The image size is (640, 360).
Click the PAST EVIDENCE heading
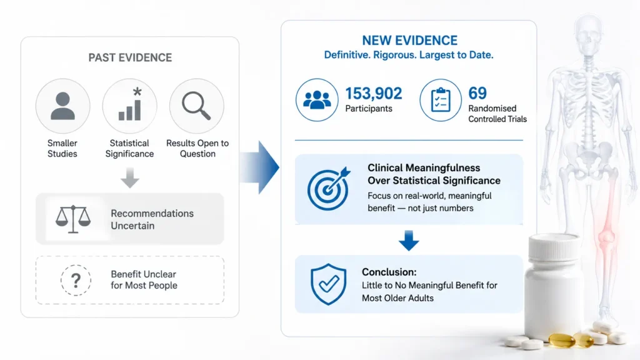(130, 57)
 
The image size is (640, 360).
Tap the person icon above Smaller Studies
(63, 106)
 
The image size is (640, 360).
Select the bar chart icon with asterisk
(130, 104)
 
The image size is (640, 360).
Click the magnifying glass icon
(196, 106)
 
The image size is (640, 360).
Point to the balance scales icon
(73, 219)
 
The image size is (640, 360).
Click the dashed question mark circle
(76, 280)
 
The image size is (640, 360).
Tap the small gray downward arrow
(130, 177)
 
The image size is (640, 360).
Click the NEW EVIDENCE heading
(409, 41)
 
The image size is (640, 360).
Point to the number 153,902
(374, 94)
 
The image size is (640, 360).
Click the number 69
(477, 94)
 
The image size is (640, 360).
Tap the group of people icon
(317, 100)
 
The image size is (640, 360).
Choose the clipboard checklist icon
(441, 100)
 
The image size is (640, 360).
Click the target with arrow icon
(329, 188)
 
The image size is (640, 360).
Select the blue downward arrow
(409, 241)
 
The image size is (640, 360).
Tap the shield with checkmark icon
(329, 284)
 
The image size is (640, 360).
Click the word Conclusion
(389, 272)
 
